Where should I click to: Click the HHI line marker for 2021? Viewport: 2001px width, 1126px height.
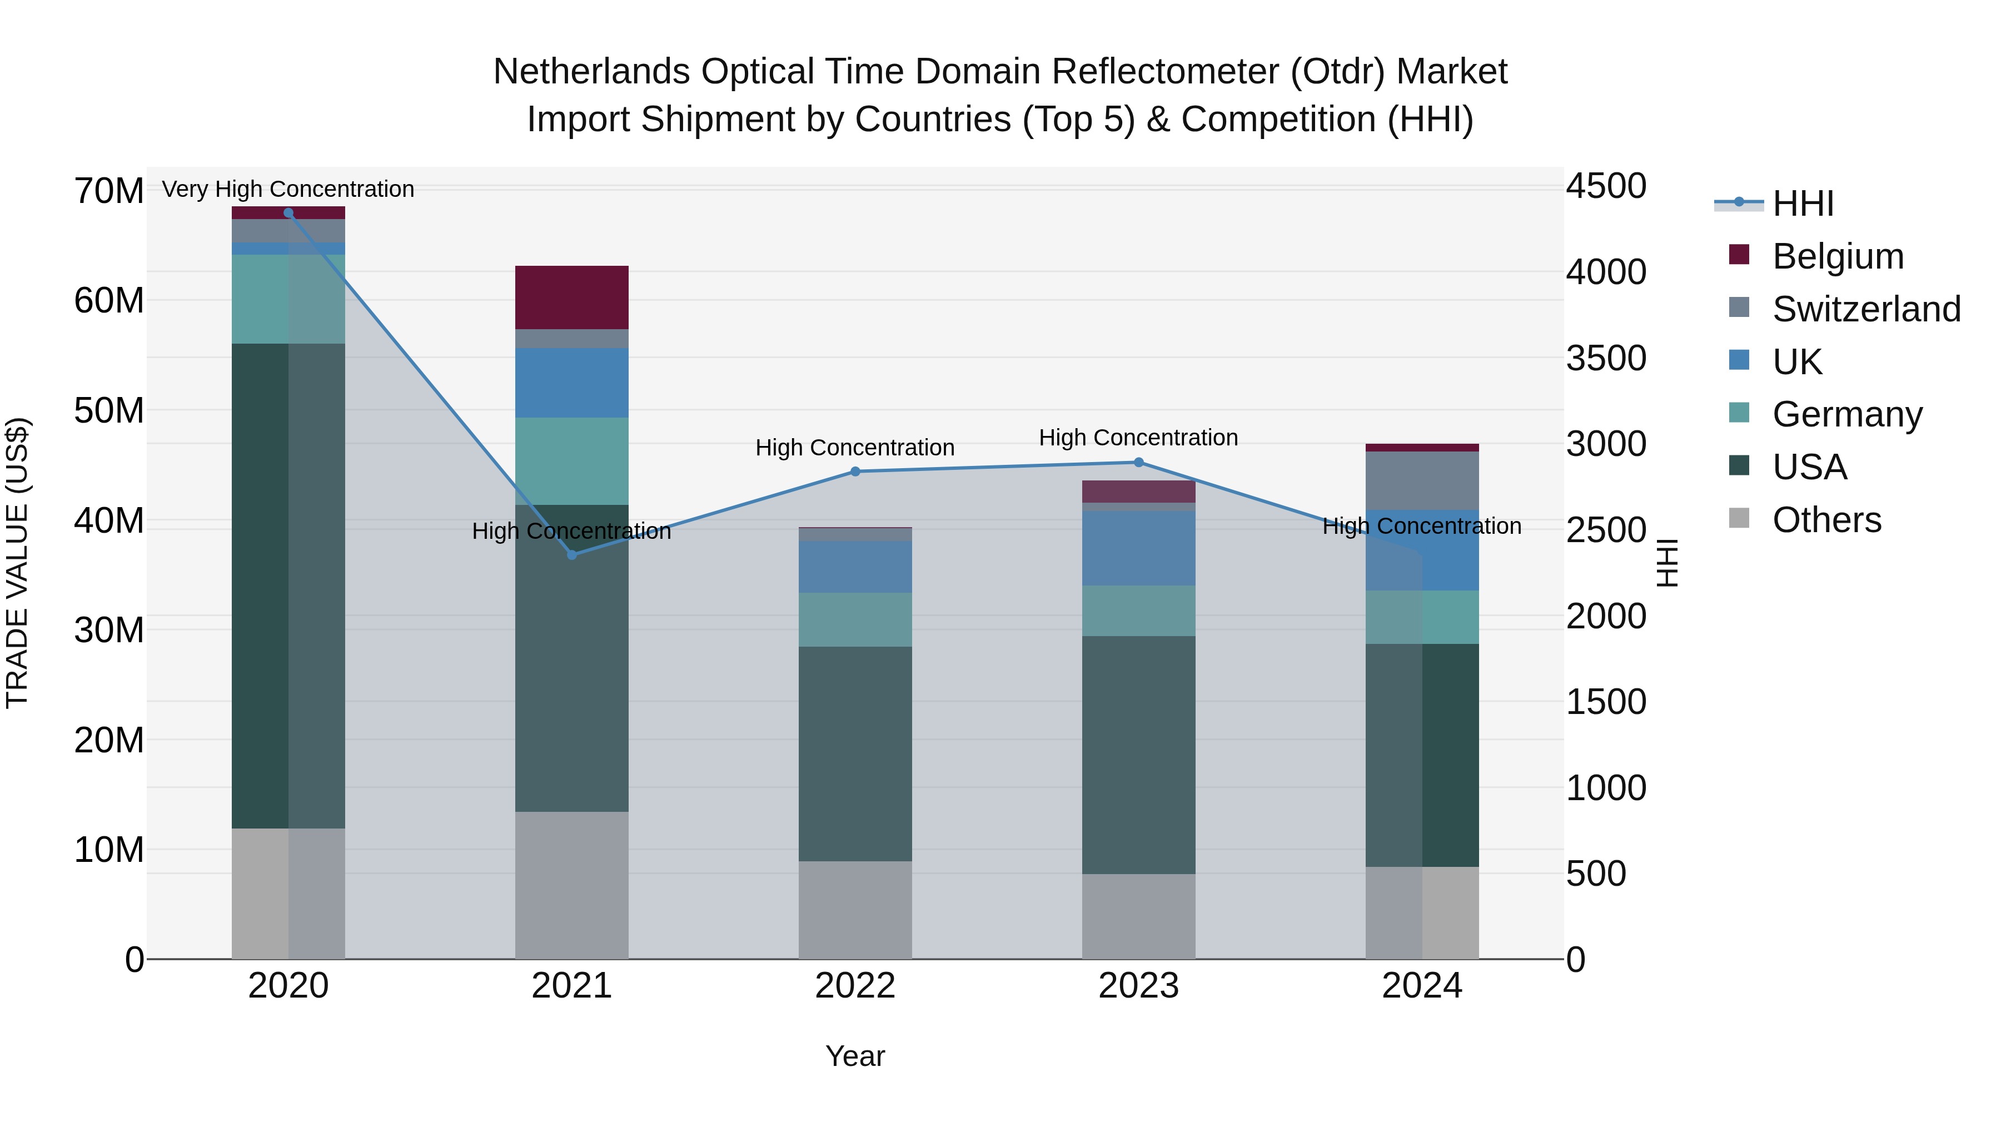point(572,554)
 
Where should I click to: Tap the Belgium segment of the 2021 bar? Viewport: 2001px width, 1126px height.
point(572,297)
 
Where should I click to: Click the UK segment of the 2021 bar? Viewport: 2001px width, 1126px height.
point(572,383)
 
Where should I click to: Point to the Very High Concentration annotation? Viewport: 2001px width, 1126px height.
point(288,189)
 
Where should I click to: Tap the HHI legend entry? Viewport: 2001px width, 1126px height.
point(1802,204)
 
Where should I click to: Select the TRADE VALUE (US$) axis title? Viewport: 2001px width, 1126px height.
point(17,563)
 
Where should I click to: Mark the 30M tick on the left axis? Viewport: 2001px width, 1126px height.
point(109,630)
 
